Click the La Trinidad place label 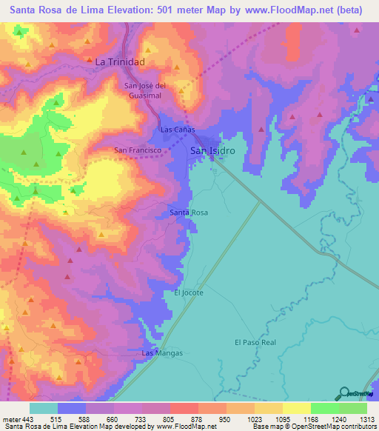[x=119, y=62]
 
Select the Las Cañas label [x=177, y=130]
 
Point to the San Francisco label [x=137, y=150]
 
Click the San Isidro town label [x=213, y=151]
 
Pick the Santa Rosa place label [x=189, y=213]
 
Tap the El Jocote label [x=188, y=293]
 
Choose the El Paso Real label [x=255, y=342]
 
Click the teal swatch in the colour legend [x=44, y=408]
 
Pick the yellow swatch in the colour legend [x=296, y=408]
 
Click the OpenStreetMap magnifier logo [x=345, y=392]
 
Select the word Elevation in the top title [x=133, y=12]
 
